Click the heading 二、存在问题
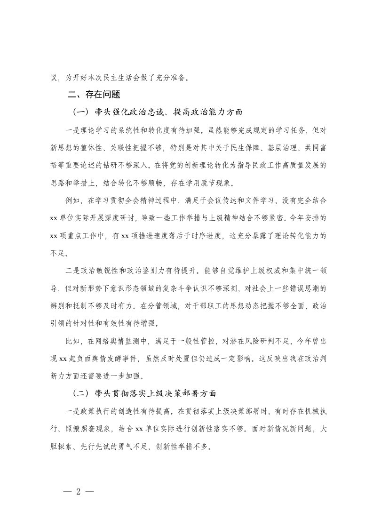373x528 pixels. coord(94,95)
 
